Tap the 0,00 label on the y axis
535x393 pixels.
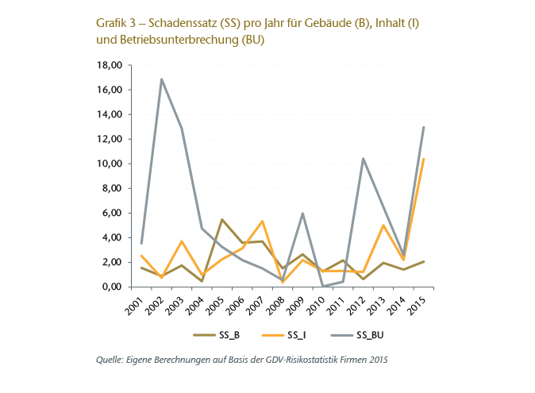pyautogui.click(x=110, y=287)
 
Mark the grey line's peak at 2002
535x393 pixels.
pyautogui.click(x=161, y=79)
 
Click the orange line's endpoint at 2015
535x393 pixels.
pyautogui.click(x=424, y=159)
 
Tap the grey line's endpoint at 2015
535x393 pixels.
pyautogui.click(x=424, y=127)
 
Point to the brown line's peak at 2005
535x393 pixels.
pyautogui.click(x=221, y=219)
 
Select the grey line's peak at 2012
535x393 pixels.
pyautogui.click(x=364, y=159)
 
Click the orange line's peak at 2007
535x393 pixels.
pyautogui.click(x=262, y=221)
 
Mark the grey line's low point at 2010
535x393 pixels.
pyautogui.click(x=323, y=286)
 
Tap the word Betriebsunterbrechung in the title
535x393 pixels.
pyautogui.click(x=179, y=39)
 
